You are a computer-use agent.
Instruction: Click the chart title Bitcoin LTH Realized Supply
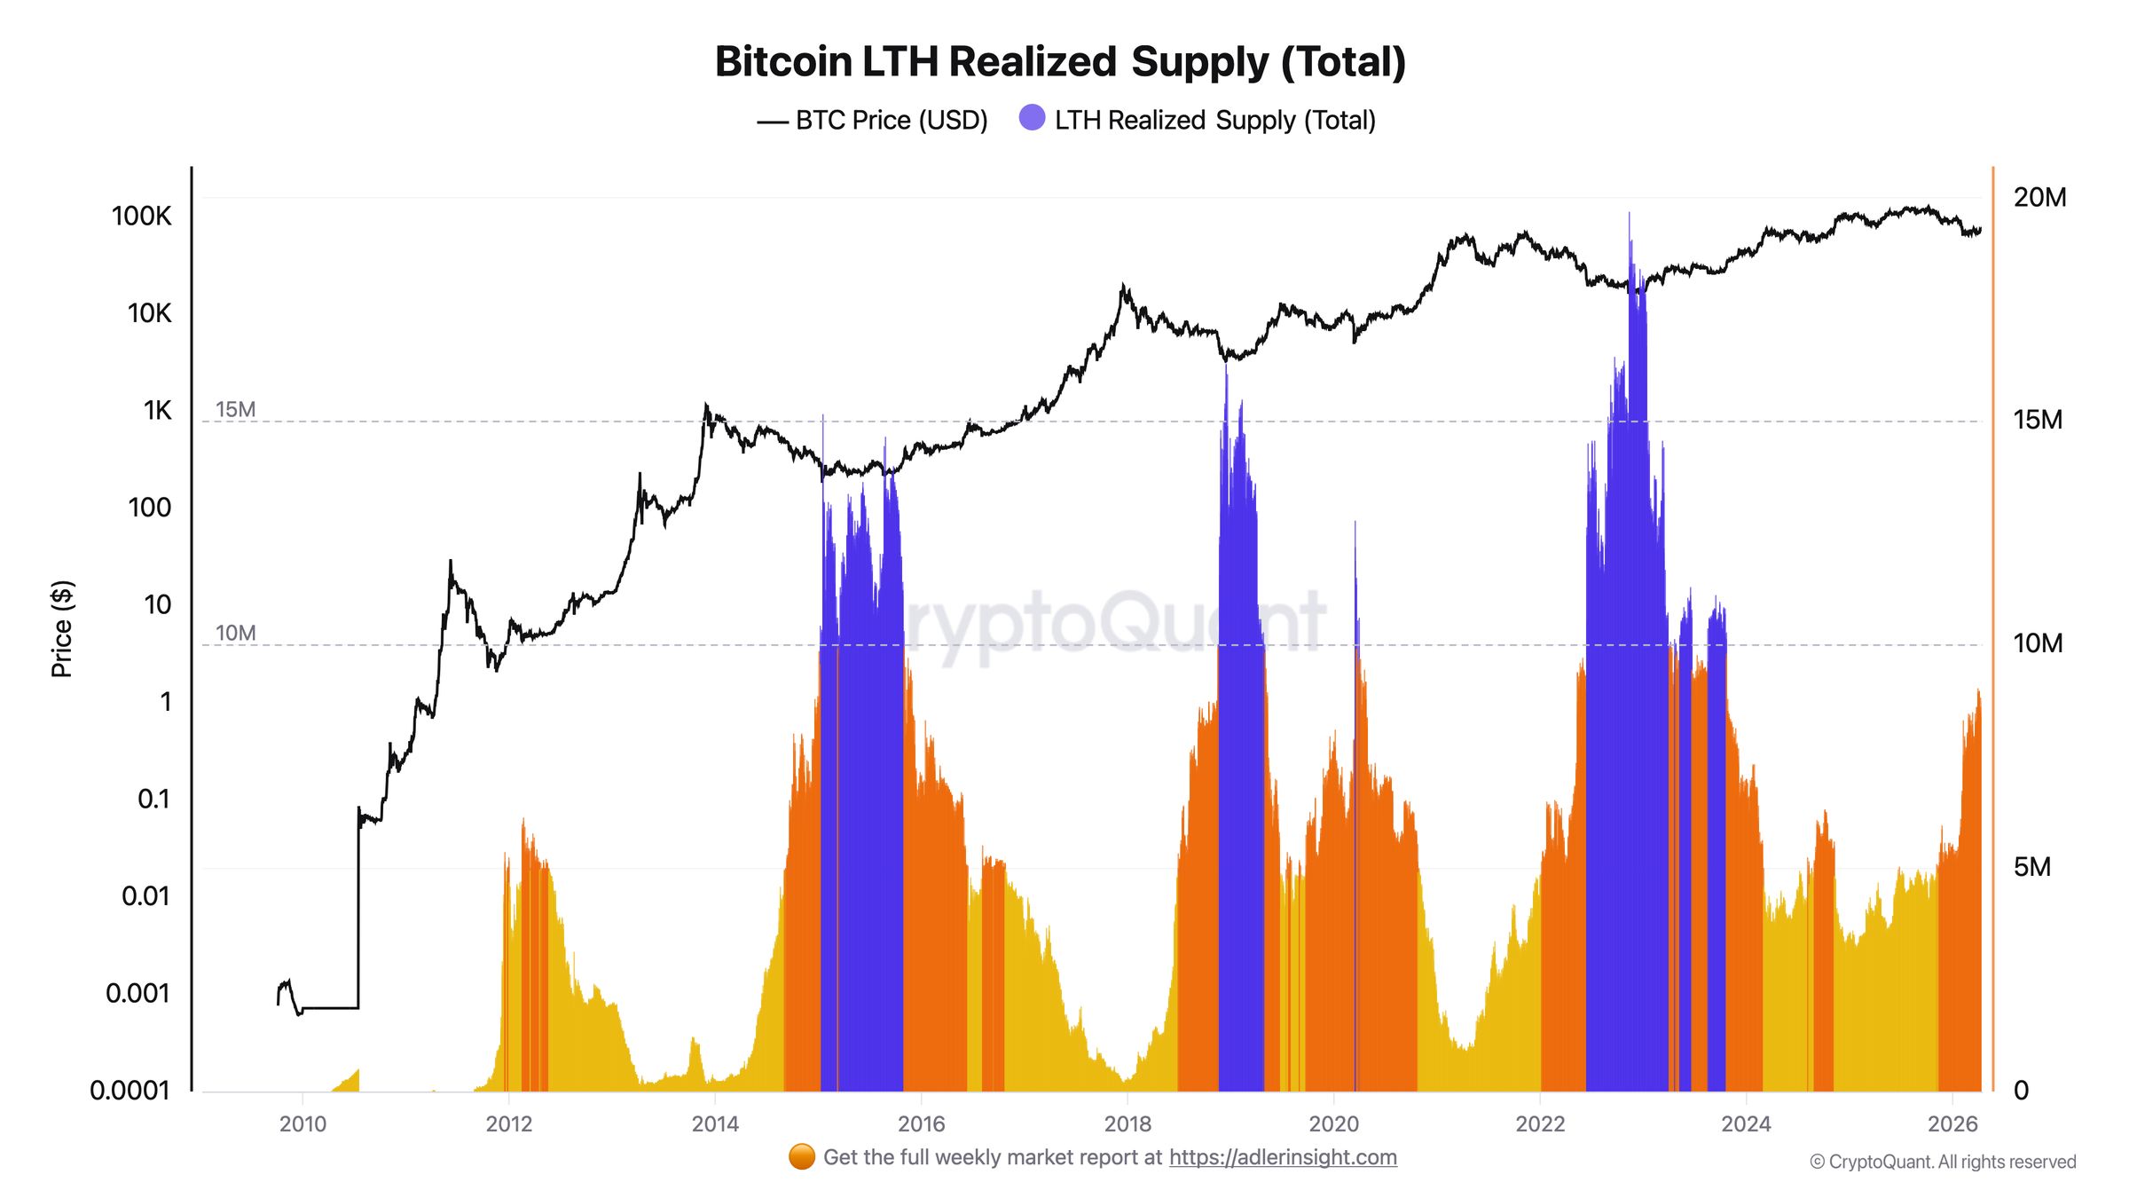click(x=1060, y=62)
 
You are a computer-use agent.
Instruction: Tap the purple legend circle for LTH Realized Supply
click(x=1032, y=118)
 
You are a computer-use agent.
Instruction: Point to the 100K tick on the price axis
click(x=141, y=216)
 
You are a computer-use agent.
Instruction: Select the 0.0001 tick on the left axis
click(x=130, y=1090)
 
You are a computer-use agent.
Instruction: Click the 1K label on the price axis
click(x=157, y=410)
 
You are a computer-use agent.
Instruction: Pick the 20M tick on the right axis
click(x=2039, y=197)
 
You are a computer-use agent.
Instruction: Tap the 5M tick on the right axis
click(x=2031, y=867)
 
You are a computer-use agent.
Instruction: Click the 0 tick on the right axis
click(x=2021, y=1090)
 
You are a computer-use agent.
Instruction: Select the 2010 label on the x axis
click(x=302, y=1124)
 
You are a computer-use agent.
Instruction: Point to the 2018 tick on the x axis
click(x=1127, y=1124)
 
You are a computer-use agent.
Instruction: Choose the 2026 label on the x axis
click(x=1952, y=1124)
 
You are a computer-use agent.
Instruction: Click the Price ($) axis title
click(x=62, y=629)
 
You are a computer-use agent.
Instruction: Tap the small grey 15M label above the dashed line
click(x=235, y=409)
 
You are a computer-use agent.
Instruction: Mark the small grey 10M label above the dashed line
click(x=235, y=633)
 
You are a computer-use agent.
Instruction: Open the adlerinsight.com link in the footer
click(x=1283, y=1157)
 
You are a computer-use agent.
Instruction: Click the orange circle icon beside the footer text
click(x=802, y=1157)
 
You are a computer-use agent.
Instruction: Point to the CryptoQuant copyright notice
click(x=1943, y=1162)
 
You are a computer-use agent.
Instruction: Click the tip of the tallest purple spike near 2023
click(x=1629, y=214)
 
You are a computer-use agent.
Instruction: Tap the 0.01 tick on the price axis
click(x=145, y=895)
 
